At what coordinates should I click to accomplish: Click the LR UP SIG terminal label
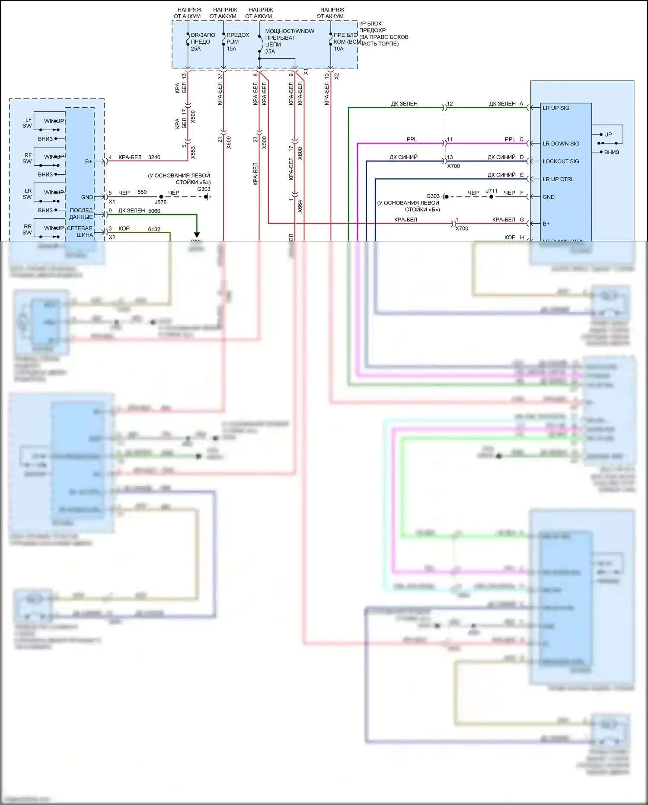click(x=555, y=108)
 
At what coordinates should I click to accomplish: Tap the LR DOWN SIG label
click(x=561, y=144)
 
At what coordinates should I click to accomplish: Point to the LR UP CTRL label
click(x=558, y=179)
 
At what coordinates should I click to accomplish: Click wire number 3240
click(x=154, y=157)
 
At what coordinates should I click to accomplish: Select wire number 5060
click(x=154, y=211)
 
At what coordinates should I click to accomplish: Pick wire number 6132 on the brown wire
click(x=154, y=229)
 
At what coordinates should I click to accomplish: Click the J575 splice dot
click(x=161, y=197)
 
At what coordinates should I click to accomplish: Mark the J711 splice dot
click(x=491, y=197)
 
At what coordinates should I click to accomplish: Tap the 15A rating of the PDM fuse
click(x=232, y=49)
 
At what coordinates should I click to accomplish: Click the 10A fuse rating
click(x=338, y=49)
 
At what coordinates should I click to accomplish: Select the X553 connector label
click(x=193, y=152)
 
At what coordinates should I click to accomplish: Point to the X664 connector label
click(x=300, y=206)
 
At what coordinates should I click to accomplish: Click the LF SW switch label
click(x=27, y=123)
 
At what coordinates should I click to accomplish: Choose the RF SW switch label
click(x=27, y=158)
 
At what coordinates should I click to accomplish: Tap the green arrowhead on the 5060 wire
click(x=197, y=235)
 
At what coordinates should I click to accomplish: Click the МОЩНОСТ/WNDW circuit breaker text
click(x=290, y=31)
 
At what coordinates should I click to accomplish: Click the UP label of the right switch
click(x=608, y=135)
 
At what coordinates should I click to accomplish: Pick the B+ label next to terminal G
click(x=546, y=224)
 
